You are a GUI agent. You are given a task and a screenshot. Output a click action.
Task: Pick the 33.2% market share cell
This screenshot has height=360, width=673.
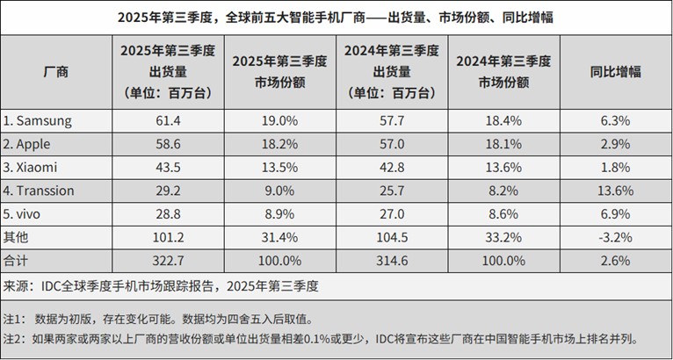[503, 237]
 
